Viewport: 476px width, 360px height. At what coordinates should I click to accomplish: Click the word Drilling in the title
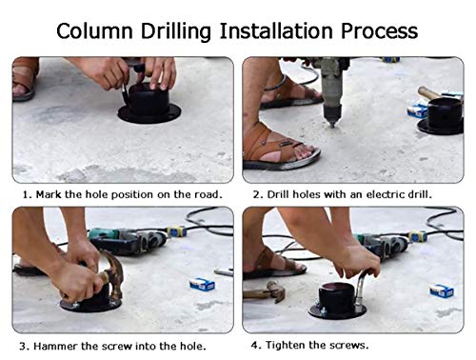(x=176, y=31)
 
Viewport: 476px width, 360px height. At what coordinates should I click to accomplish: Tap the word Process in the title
(x=379, y=30)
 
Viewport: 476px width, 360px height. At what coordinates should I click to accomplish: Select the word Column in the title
(x=94, y=30)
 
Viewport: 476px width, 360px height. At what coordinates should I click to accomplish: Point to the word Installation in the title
(x=276, y=30)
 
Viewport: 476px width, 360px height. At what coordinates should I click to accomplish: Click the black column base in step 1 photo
(x=149, y=104)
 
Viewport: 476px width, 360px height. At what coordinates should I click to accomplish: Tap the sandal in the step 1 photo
(x=25, y=79)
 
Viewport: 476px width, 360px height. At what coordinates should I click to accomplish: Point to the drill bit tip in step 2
(x=332, y=127)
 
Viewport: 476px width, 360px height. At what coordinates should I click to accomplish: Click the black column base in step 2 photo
(x=441, y=116)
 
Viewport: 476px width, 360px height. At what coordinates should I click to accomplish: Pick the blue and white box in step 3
(x=202, y=285)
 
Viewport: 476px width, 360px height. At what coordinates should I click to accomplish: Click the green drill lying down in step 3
(x=128, y=241)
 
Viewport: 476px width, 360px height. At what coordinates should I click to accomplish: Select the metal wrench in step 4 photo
(x=362, y=292)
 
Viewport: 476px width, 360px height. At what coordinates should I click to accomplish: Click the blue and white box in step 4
(x=442, y=290)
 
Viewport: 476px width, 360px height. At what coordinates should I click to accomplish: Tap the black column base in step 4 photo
(x=337, y=302)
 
